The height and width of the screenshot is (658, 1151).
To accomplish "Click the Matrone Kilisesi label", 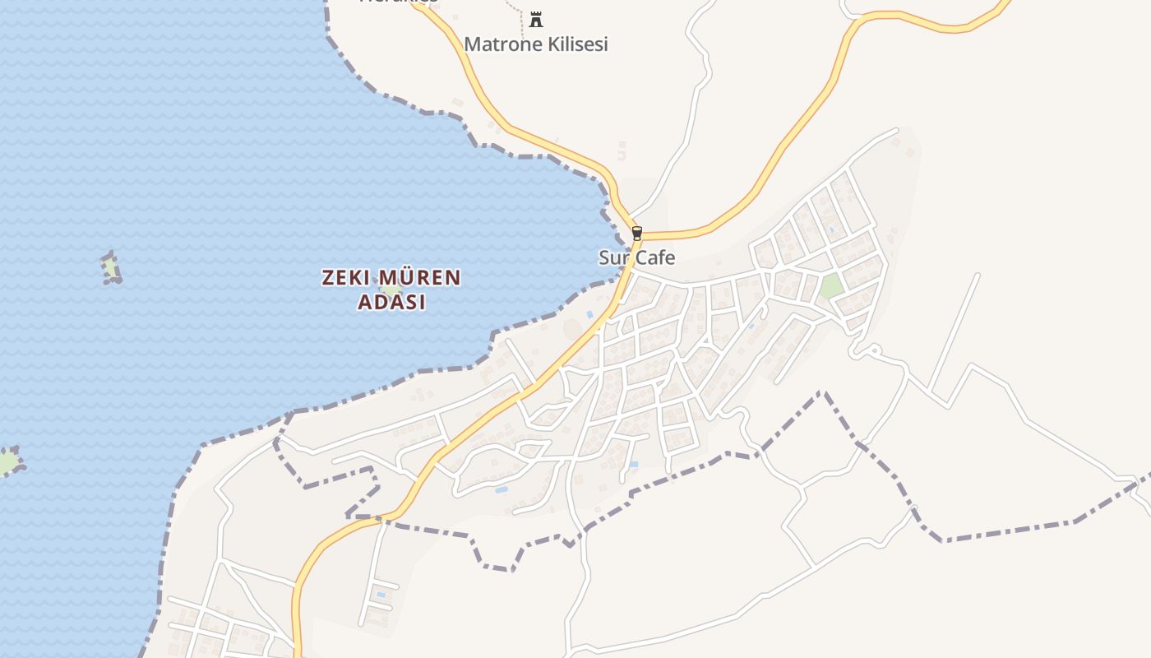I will pyautogui.click(x=536, y=44).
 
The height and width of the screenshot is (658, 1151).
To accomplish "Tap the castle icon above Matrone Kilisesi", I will pyautogui.click(x=536, y=19).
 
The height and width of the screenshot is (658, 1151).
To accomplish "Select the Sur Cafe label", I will pyautogui.click(x=636, y=257).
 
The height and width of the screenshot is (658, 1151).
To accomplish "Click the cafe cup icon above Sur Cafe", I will pyautogui.click(x=636, y=234).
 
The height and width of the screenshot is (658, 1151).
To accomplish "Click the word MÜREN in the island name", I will pyautogui.click(x=418, y=278).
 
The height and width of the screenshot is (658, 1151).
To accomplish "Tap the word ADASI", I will pyautogui.click(x=391, y=302).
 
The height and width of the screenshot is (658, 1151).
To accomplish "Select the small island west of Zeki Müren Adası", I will pyautogui.click(x=111, y=268).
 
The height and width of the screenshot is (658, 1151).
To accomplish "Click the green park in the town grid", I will pyautogui.click(x=831, y=285).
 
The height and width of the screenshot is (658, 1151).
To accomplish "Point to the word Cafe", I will pyautogui.click(x=655, y=257).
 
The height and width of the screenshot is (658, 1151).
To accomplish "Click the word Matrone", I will pyautogui.click(x=495, y=44).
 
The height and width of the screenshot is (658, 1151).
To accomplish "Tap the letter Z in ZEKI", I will pyautogui.click(x=327, y=278).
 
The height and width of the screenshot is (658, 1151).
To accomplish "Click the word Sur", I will pyautogui.click(x=614, y=257).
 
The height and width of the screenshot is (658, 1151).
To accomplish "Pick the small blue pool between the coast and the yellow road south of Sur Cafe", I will pyautogui.click(x=589, y=314).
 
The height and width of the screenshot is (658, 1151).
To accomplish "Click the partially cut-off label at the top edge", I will pyautogui.click(x=399, y=2).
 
